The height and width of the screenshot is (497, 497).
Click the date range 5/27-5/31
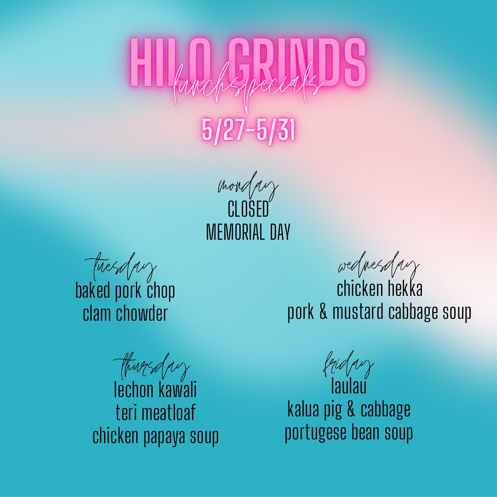point(249,130)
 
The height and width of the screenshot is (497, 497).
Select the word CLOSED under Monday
point(248,209)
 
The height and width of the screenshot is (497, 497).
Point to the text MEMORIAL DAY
point(248,231)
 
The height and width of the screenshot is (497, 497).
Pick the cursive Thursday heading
point(151,367)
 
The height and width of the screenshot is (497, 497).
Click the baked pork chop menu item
point(125,291)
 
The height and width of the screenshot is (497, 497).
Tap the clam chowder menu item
point(125,313)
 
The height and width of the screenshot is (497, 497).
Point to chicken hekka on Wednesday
point(379,289)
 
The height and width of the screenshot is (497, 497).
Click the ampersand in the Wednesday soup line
point(323,312)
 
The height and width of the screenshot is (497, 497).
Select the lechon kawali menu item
point(156,389)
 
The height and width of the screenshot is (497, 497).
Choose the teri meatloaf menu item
point(156,412)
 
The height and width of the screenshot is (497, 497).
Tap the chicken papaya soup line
point(156,436)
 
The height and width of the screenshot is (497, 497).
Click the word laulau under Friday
point(349,386)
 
